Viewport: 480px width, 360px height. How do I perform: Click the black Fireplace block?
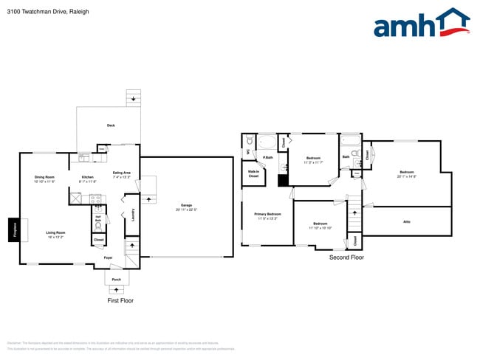click(13, 230)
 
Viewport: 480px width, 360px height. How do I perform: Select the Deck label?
click(110, 125)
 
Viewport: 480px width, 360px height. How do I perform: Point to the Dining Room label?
click(44, 177)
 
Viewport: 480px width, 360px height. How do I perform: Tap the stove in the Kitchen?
click(95, 198)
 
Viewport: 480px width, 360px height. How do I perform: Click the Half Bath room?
click(97, 219)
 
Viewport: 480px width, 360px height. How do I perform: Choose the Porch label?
click(116, 280)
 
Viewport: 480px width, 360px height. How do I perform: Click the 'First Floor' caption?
click(120, 301)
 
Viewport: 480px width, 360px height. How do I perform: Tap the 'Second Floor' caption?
click(347, 257)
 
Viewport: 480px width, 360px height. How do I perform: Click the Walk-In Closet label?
click(253, 174)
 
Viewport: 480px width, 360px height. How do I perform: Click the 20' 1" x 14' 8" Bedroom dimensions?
click(406, 176)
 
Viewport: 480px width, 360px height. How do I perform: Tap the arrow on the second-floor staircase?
click(355, 213)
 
